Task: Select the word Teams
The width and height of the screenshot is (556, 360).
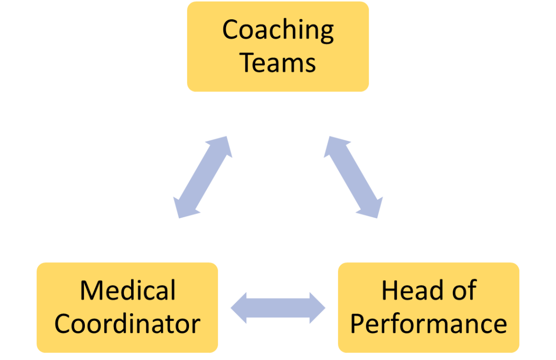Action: click(x=277, y=64)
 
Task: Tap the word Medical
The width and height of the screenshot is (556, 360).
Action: click(x=127, y=290)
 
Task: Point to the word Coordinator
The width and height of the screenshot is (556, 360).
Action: click(x=127, y=323)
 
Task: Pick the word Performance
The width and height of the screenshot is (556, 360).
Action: click(x=428, y=323)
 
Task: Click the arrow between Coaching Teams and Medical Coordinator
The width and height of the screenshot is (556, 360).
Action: click(x=203, y=177)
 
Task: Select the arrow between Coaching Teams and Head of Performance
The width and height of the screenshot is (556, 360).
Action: click(x=353, y=177)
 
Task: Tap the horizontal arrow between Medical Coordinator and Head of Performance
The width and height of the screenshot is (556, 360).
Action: click(x=278, y=308)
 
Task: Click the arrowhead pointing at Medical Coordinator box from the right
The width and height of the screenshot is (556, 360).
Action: click(x=239, y=308)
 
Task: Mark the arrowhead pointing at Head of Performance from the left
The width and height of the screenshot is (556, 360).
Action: click(x=317, y=308)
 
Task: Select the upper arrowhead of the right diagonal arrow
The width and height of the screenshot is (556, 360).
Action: click(x=332, y=145)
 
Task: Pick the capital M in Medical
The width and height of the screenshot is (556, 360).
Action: click(x=91, y=290)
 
